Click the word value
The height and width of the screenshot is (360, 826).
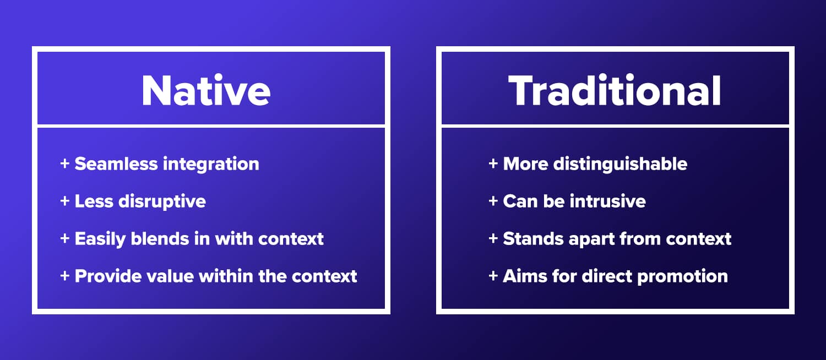(x=167, y=276)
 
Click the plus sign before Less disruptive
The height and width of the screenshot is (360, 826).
(x=65, y=201)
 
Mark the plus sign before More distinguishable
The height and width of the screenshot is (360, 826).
(x=493, y=164)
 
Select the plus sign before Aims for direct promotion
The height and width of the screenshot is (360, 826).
(x=493, y=276)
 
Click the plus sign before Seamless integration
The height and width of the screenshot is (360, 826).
(x=65, y=164)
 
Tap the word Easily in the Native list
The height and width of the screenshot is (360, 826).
(x=99, y=239)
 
